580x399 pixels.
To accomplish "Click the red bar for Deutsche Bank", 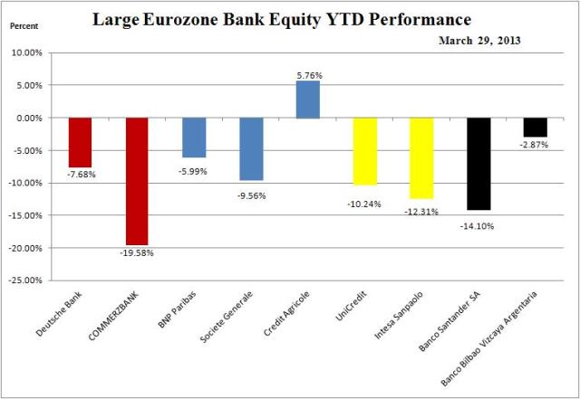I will (81, 142).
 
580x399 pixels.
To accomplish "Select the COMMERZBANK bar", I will (137, 181).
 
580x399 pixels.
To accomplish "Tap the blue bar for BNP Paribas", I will (194, 137).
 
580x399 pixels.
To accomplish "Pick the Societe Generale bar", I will (251, 148).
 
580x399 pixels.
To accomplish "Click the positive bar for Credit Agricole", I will (308, 100).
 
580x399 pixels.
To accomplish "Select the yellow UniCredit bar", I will (364, 151).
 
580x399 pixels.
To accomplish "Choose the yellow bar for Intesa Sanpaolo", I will (421, 157).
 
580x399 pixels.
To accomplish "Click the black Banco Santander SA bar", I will (478, 164).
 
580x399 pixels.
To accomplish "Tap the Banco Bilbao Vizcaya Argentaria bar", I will (535, 128).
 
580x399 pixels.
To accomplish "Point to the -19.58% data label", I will (138, 253).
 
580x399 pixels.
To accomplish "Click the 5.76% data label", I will (308, 73).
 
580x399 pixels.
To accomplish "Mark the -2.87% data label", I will (535, 146).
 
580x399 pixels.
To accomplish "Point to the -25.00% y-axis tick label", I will (33, 280).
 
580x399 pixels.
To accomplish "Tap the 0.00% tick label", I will (36, 118).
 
